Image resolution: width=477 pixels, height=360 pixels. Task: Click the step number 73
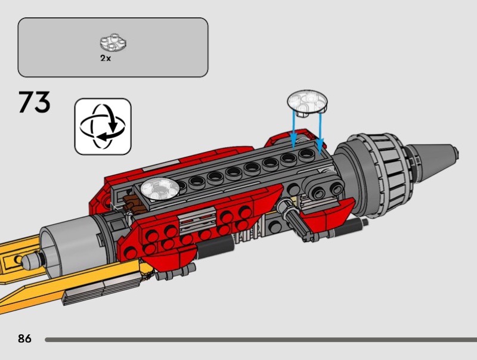click(x=35, y=103)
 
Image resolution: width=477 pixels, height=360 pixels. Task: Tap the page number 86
click(x=24, y=339)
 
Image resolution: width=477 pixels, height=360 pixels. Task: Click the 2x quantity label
click(x=106, y=58)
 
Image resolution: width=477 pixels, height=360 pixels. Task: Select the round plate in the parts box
click(x=113, y=42)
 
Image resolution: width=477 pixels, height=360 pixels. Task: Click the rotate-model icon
click(x=103, y=126)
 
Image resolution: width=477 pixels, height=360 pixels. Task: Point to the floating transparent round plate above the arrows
click(x=307, y=103)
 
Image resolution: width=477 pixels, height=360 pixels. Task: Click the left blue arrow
click(x=293, y=129)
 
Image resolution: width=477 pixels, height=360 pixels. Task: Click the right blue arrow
click(x=320, y=132)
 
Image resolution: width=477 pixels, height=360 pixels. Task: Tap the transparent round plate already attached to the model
click(x=160, y=188)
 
